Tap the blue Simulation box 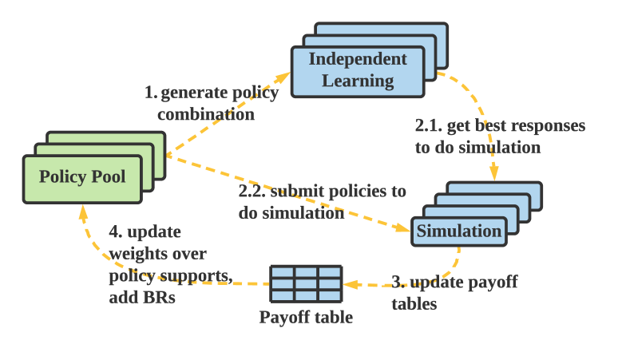click(x=459, y=231)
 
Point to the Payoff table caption click(x=306, y=318)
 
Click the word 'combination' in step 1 click(x=206, y=114)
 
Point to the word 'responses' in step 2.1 click(x=550, y=126)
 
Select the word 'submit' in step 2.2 click(x=297, y=192)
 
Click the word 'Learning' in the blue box click(x=357, y=81)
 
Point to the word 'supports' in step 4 click(x=194, y=276)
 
